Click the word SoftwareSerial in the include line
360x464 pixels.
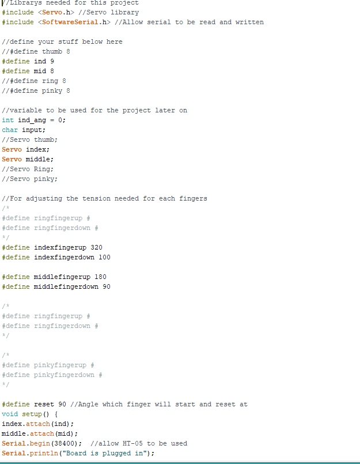click(x=70, y=22)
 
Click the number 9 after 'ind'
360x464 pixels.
click(x=52, y=61)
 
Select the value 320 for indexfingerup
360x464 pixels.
click(x=96, y=247)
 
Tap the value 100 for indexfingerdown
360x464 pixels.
click(x=104, y=257)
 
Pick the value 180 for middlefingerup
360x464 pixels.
click(x=100, y=277)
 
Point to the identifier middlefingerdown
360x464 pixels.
click(x=66, y=286)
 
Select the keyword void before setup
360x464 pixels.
click(x=10, y=414)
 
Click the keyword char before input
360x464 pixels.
click(x=10, y=130)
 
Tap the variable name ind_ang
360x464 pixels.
click(x=32, y=120)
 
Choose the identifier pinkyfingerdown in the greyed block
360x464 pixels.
click(x=64, y=375)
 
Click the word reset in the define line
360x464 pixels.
click(x=44, y=404)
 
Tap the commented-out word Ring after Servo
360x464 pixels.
click(x=41, y=169)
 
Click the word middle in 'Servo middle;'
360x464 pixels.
click(x=38, y=159)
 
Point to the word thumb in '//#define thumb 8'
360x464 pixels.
click(x=52, y=51)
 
